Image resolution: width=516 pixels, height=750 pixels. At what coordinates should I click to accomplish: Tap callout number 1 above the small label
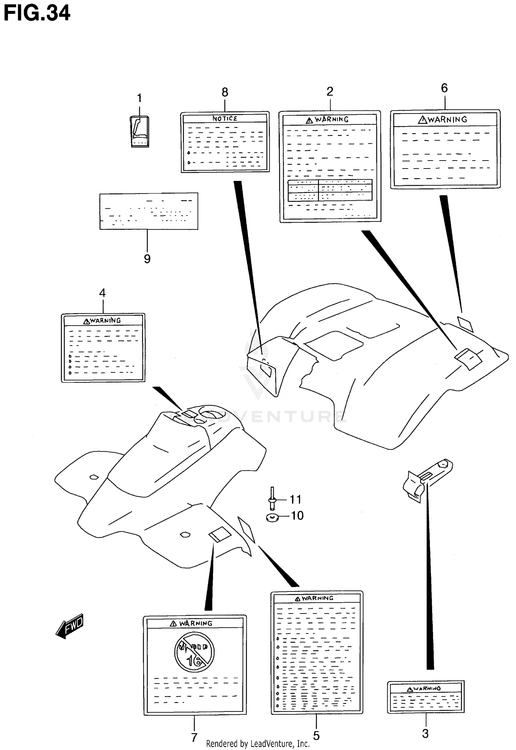pos(139,98)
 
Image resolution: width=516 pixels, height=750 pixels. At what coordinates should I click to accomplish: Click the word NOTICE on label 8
pos(225,119)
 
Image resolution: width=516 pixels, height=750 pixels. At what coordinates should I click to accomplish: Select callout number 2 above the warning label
pos(330,91)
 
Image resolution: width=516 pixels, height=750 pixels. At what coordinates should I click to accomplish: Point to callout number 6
pos(444,88)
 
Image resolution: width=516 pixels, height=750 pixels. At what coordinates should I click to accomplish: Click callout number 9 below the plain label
pos(147,259)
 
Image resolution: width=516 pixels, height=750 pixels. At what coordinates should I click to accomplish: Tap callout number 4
pos(102,293)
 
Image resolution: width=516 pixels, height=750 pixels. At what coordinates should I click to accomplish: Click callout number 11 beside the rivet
pos(295,499)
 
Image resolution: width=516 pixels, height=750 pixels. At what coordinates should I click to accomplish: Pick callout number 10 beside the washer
pos(297,515)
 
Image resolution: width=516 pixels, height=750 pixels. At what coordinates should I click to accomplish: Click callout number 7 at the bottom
pos(194,737)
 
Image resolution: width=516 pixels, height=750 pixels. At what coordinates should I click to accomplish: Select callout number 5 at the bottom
pos(316,736)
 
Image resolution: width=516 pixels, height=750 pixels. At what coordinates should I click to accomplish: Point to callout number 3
pos(426,733)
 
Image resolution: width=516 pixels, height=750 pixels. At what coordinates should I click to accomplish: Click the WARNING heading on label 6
pos(443,120)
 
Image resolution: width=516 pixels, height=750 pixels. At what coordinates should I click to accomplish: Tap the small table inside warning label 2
pos(330,190)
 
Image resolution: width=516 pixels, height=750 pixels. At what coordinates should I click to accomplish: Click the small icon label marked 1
pos(139,132)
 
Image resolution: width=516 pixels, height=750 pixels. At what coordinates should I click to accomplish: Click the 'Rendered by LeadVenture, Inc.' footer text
pos(258,744)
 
